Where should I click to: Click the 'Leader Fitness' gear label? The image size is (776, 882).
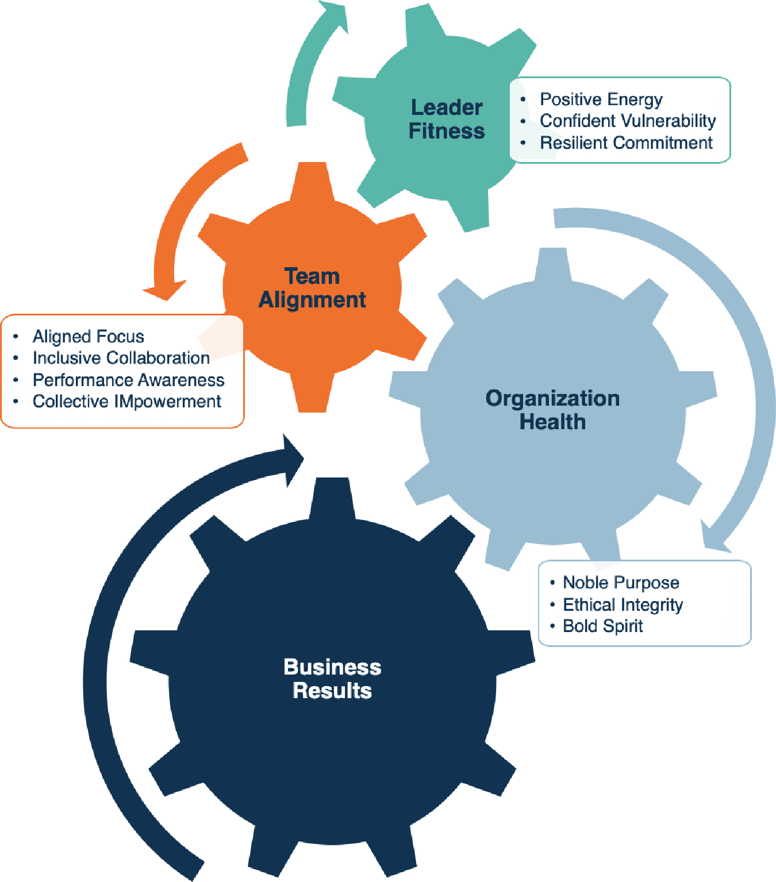(447, 119)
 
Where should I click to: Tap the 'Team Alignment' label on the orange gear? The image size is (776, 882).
(312, 288)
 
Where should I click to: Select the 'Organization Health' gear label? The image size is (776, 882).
(552, 410)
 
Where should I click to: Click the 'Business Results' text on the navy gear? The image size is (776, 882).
(332, 679)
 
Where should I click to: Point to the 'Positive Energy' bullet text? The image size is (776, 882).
(601, 99)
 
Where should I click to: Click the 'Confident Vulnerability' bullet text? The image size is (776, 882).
(628, 121)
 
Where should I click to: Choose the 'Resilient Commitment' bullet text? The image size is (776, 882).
(626, 142)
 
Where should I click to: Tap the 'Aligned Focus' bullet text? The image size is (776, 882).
(88, 336)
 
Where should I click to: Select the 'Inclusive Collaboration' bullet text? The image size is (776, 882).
(121, 357)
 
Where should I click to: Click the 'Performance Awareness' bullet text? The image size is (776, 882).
(128, 380)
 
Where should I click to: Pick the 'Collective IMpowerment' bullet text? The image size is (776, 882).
(126, 401)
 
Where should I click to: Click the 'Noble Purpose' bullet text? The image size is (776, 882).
(621, 583)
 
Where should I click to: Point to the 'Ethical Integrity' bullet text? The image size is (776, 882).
(623, 604)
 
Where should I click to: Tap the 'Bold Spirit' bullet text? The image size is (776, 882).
(602, 626)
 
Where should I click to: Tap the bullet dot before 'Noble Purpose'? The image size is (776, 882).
(552, 583)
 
